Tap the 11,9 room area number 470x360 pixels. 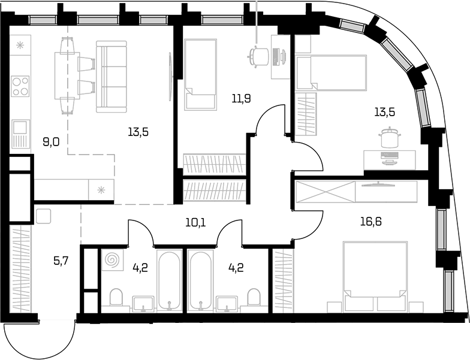point(241,98)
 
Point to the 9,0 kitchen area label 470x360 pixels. point(51,142)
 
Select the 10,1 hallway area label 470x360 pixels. point(195,223)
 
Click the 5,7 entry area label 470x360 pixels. point(61,261)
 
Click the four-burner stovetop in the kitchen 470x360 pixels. point(20,86)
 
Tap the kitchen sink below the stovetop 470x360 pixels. point(20,134)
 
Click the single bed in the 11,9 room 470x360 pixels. point(200,74)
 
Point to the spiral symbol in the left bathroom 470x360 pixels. point(113,259)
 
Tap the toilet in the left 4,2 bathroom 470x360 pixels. point(116,297)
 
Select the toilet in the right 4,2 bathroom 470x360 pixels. point(254,297)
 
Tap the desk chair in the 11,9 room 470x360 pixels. point(258,56)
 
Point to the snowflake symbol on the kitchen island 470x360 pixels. point(101,189)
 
